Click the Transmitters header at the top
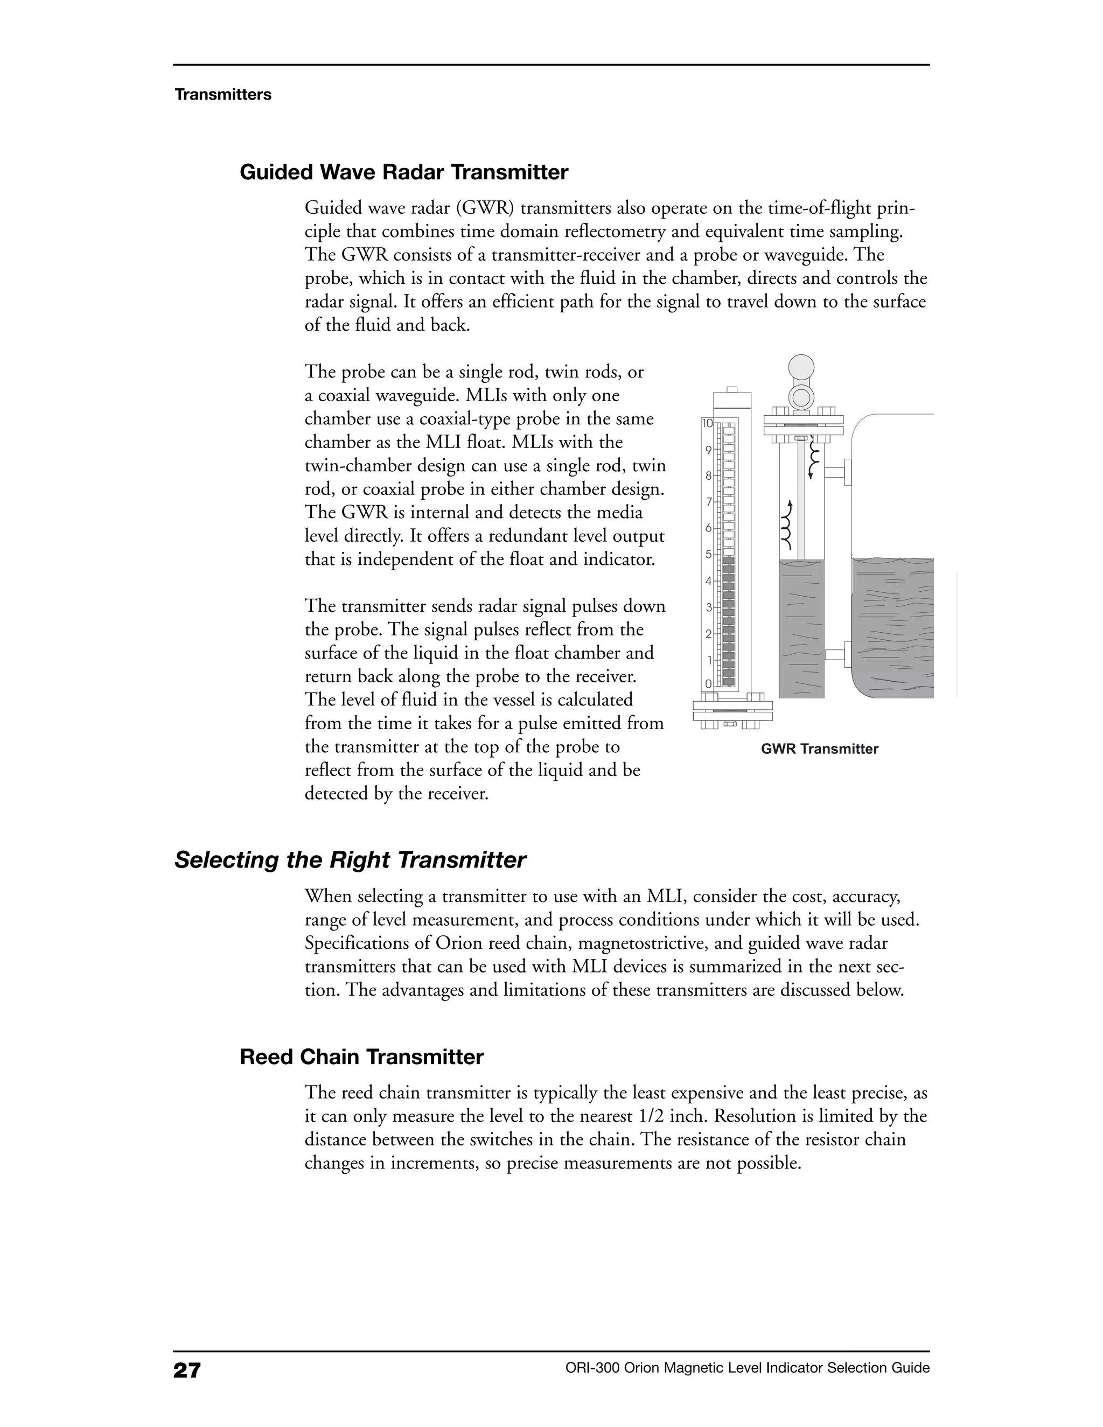[223, 95]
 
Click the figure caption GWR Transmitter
[819, 749]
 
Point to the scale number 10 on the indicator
[708, 423]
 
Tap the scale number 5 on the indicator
[708, 554]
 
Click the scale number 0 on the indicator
[708, 683]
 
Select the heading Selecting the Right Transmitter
[350, 860]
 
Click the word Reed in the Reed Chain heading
[267, 1057]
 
